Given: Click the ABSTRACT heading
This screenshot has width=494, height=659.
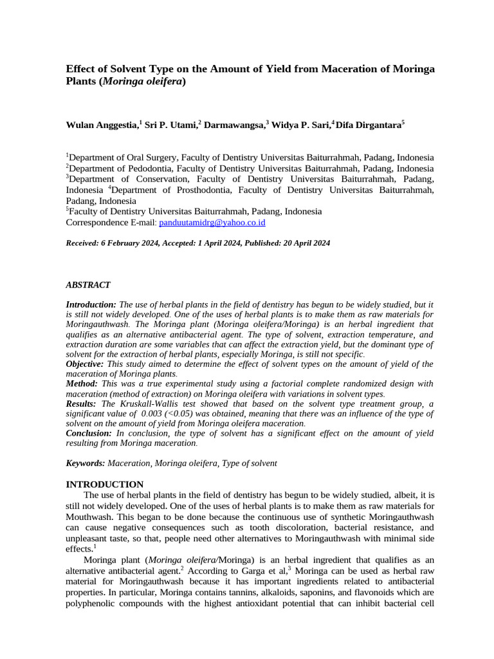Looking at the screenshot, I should click(x=88, y=284).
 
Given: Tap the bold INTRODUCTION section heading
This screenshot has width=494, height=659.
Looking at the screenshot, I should click(x=105, y=484).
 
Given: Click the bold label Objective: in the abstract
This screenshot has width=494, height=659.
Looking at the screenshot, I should click(x=86, y=364).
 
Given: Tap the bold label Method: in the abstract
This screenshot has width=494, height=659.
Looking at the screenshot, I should click(x=82, y=384).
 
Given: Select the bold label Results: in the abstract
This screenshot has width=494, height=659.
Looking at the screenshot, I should click(x=82, y=404).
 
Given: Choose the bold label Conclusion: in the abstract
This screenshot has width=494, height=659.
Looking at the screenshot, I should click(x=89, y=433).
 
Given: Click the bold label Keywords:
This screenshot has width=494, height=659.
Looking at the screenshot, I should click(x=86, y=463).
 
